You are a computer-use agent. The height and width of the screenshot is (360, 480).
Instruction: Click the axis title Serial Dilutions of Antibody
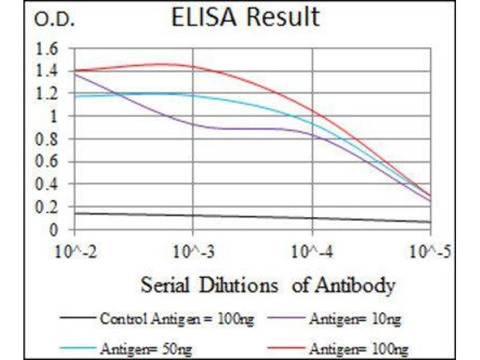(268, 284)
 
